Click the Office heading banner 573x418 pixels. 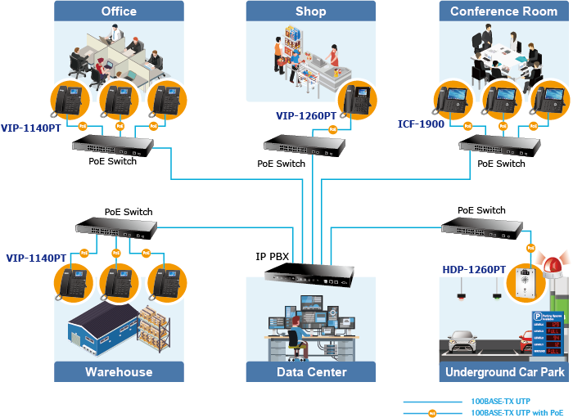click(x=119, y=11)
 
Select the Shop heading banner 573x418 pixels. click(x=310, y=11)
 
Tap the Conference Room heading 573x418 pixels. click(x=503, y=11)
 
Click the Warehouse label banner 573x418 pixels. click(x=119, y=372)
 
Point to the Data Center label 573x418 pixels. click(x=311, y=372)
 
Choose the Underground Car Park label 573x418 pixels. click(x=504, y=372)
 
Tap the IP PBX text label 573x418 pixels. click(x=273, y=257)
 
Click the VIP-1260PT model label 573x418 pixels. click(x=306, y=116)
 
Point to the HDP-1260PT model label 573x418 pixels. click(x=474, y=269)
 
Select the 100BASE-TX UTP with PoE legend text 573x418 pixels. click(x=518, y=413)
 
